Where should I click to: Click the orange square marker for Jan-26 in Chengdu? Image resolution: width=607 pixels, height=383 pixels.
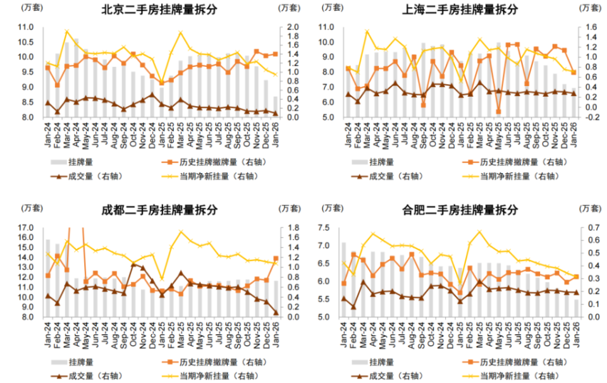tap(276, 258)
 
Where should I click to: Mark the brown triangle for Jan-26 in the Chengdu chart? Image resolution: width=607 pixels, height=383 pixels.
tap(276, 312)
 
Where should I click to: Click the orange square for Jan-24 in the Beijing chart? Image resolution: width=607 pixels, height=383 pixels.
tap(47, 68)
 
